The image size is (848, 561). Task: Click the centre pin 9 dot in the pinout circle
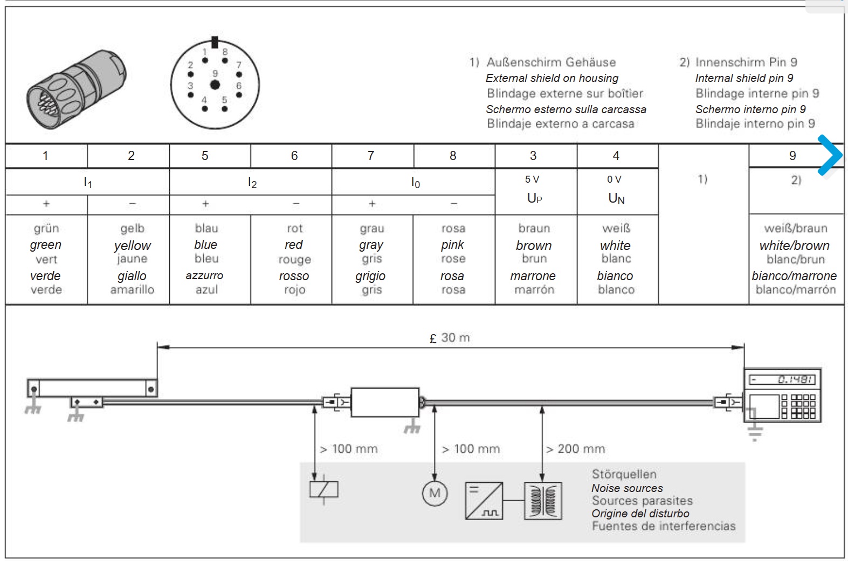215,85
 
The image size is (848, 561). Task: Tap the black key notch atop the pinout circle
215,42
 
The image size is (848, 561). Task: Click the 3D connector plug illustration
76,89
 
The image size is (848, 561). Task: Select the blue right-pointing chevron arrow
830,155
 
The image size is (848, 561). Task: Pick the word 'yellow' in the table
133,245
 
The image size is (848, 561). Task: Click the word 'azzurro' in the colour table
204,275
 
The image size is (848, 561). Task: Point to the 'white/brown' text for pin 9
794,245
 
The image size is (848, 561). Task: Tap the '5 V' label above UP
532,179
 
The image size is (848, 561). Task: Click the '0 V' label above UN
614,179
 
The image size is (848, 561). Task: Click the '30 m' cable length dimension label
450,337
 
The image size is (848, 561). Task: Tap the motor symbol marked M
435,493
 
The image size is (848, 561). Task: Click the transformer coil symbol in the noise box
543,501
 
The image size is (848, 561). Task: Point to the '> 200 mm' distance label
575,449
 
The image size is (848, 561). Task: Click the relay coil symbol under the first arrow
323,489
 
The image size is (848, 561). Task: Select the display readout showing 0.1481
782,379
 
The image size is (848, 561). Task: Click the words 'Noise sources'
627,488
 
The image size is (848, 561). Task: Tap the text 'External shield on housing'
552,78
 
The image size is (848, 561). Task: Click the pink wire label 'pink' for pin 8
452,245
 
